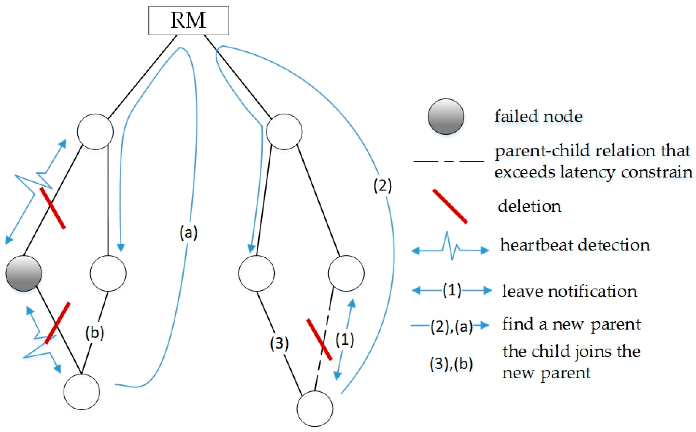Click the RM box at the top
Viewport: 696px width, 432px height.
(188, 21)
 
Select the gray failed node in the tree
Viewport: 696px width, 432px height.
(24, 273)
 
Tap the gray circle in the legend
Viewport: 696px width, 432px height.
(446, 117)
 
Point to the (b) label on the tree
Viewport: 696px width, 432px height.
(95, 333)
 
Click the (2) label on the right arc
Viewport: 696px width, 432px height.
(383, 186)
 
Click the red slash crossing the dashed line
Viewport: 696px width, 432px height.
(319, 339)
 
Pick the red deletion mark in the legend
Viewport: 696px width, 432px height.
(450, 206)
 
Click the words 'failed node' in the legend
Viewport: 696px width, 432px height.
(538, 117)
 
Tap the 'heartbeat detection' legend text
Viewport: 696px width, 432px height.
(575, 245)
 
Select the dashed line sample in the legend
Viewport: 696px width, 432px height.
(449, 161)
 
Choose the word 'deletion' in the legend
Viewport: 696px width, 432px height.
(529, 206)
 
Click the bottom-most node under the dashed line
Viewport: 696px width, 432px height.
(315, 409)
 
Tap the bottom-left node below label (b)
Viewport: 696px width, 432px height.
(82, 392)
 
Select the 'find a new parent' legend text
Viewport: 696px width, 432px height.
(571, 324)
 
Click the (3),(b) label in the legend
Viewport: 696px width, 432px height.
(451, 364)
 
